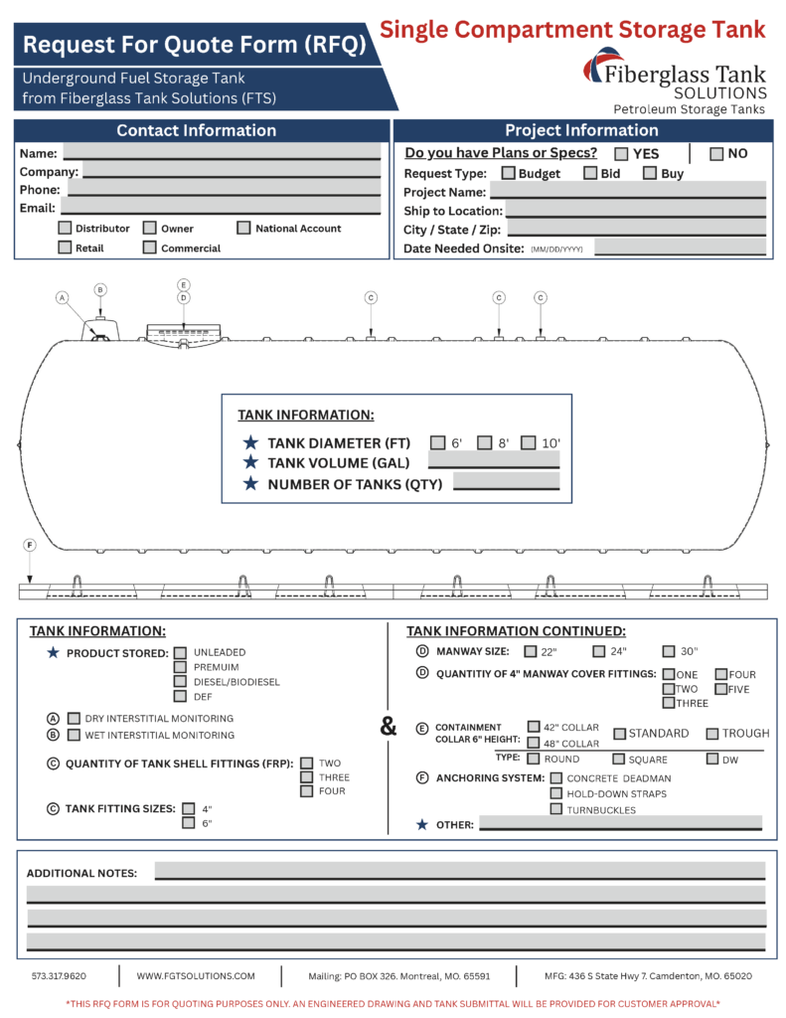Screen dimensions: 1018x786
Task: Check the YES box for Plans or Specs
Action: (x=621, y=154)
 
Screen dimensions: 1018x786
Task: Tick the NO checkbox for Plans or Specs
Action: (x=716, y=154)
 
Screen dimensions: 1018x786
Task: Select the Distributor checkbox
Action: (x=65, y=229)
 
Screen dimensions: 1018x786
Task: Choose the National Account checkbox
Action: (x=243, y=229)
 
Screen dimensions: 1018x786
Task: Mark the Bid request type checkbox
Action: (x=590, y=173)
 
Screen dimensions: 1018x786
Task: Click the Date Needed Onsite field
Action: (x=680, y=248)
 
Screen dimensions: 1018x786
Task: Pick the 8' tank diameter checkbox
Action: (x=485, y=442)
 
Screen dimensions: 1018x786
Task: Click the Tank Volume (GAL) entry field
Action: (x=494, y=461)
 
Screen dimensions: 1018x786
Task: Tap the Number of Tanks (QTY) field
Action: (x=507, y=482)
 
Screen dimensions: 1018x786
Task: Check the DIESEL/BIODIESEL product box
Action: (x=181, y=682)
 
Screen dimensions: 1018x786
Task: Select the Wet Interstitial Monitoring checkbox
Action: (x=74, y=735)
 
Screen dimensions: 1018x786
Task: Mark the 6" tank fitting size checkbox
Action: (x=188, y=822)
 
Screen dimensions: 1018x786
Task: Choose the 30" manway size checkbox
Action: (x=669, y=651)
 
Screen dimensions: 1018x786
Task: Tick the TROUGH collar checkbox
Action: (x=712, y=734)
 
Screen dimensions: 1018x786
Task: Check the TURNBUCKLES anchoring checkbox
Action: (x=556, y=809)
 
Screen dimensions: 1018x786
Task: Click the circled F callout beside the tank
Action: (x=30, y=545)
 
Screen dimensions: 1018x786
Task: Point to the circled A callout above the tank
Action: (x=63, y=297)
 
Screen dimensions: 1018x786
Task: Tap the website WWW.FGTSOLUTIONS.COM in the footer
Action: (x=196, y=976)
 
